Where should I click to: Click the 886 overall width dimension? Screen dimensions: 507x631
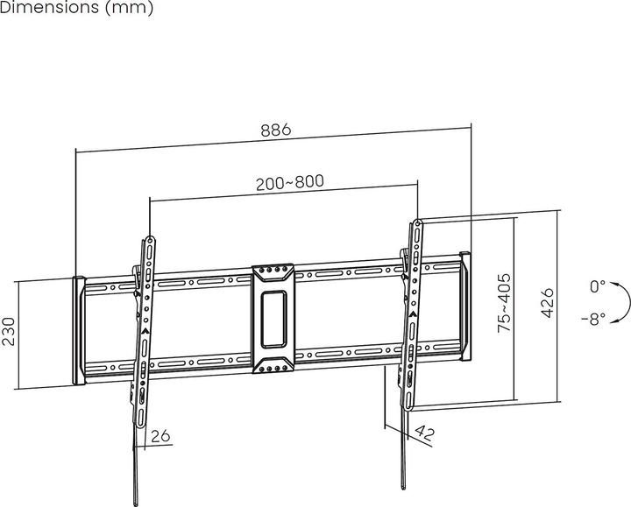tap(274, 130)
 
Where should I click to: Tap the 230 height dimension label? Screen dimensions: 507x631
tap(9, 332)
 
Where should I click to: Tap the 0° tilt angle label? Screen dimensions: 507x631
tap(597, 286)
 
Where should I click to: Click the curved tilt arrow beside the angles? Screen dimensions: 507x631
tap(623, 302)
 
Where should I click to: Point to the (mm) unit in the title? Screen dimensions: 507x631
tap(129, 8)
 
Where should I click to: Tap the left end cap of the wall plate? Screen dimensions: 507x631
tap(78, 331)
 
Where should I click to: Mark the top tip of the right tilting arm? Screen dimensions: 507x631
tap(418, 222)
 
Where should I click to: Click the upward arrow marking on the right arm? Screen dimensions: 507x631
tap(412, 313)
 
